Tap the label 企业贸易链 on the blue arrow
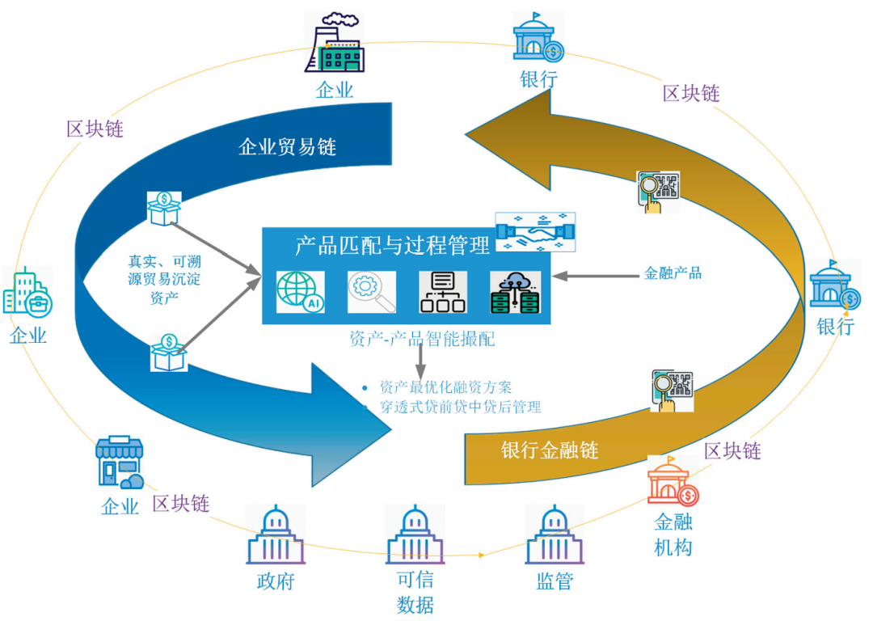pyautogui.click(x=287, y=146)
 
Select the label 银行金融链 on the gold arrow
pyautogui.click(x=550, y=450)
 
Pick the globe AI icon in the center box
pyautogui.click(x=301, y=292)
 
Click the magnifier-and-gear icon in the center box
pyautogui.click(x=372, y=292)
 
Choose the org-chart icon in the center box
pyautogui.click(x=443, y=292)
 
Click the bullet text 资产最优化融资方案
pyautogui.click(x=445, y=387)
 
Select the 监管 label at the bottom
pyautogui.click(x=555, y=581)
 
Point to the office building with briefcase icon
pyautogui.click(x=27, y=292)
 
